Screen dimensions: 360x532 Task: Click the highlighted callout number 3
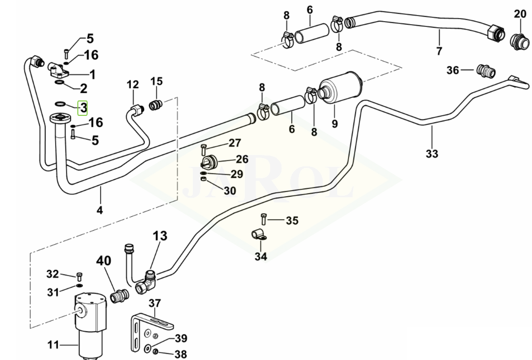click(x=83, y=108)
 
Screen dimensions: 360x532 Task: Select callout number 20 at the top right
click(x=519, y=14)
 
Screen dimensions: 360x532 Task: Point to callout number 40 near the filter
click(x=104, y=261)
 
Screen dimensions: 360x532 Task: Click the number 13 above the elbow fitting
click(x=160, y=236)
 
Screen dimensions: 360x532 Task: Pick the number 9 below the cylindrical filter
click(x=335, y=124)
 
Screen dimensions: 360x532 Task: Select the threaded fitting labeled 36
click(x=485, y=70)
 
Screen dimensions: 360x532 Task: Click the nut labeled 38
click(x=155, y=353)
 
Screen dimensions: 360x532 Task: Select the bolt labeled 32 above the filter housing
click(x=79, y=275)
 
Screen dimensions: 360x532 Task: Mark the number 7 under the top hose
click(x=439, y=51)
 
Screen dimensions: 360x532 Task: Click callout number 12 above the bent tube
click(x=133, y=84)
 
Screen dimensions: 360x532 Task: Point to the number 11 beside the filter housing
click(x=53, y=345)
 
